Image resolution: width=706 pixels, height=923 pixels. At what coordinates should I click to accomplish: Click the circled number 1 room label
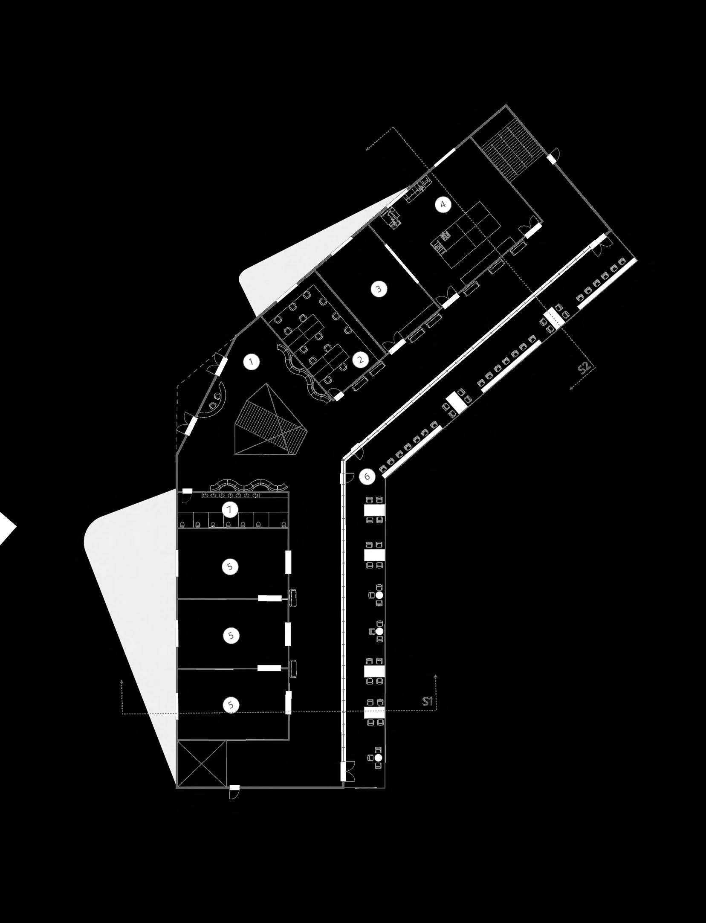click(252, 362)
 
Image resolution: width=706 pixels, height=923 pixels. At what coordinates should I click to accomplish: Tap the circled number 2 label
click(361, 360)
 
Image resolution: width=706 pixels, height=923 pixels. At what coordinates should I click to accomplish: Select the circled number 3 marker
click(379, 289)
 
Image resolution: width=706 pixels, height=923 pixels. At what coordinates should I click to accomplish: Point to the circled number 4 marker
click(443, 205)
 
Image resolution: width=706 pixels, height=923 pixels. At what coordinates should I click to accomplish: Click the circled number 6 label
click(367, 476)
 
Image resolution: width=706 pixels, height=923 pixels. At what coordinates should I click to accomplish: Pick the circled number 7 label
click(230, 509)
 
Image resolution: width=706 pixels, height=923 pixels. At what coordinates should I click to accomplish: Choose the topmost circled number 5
click(230, 566)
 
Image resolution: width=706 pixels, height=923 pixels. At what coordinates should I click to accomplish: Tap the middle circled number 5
click(231, 635)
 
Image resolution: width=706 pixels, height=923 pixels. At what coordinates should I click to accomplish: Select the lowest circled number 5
click(231, 705)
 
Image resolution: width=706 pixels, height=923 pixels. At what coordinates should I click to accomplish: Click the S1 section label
click(428, 701)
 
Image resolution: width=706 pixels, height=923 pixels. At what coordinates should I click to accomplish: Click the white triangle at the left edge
click(6, 528)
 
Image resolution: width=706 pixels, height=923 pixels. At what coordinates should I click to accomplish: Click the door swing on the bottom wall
click(234, 792)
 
